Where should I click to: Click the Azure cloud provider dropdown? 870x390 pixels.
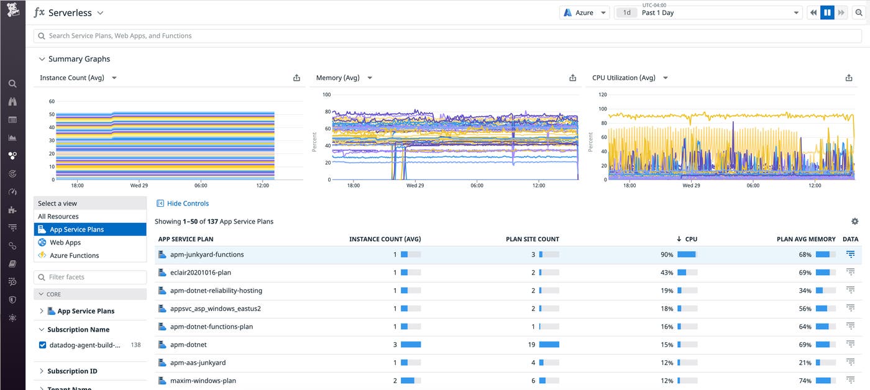click(x=584, y=12)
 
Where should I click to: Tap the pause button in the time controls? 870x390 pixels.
click(x=827, y=12)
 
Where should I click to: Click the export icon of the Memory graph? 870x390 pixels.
click(x=572, y=78)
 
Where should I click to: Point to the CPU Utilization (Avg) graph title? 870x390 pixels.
click(x=623, y=78)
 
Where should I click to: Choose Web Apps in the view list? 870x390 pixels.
click(x=65, y=242)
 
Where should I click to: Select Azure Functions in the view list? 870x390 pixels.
click(x=74, y=255)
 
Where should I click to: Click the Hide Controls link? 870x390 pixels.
click(x=187, y=203)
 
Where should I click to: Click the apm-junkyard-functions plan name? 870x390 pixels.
click(x=207, y=255)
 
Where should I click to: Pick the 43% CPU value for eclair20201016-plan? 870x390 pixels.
click(x=667, y=273)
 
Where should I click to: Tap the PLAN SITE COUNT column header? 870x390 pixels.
click(x=532, y=239)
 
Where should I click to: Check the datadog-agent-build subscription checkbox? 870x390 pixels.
click(x=43, y=345)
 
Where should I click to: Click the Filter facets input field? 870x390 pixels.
click(x=90, y=277)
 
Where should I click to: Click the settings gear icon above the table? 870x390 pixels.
click(x=854, y=221)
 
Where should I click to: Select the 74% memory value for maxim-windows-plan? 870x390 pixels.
click(x=805, y=381)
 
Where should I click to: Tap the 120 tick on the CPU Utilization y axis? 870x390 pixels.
click(x=602, y=94)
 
